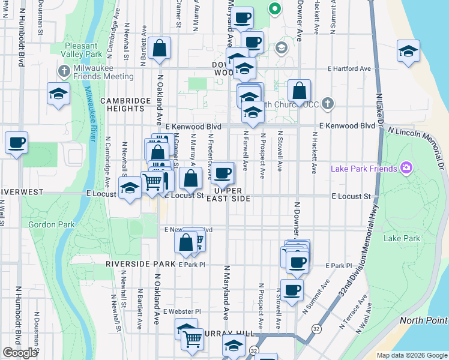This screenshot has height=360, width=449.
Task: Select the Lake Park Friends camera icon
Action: [x=406, y=168]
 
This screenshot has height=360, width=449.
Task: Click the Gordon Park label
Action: [x=51, y=224]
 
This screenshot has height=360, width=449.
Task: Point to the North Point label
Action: [x=423, y=321]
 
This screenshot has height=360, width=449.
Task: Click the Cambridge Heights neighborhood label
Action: [x=125, y=104]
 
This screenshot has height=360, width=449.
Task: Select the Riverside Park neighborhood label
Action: [x=140, y=264]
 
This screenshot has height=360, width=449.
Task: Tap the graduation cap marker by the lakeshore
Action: [x=408, y=52]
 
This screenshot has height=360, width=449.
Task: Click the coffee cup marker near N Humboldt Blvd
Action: [x=17, y=143]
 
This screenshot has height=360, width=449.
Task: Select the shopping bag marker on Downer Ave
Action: [x=299, y=91]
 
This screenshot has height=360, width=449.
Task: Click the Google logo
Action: [x=20, y=353]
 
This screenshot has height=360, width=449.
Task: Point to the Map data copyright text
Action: [x=412, y=355]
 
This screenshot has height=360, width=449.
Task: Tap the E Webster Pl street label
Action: [x=182, y=312]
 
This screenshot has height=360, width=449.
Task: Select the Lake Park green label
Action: [x=402, y=238]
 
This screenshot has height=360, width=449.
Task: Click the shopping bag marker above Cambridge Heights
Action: [x=160, y=49]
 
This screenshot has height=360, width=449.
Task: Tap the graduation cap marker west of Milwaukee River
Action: [x=59, y=94]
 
